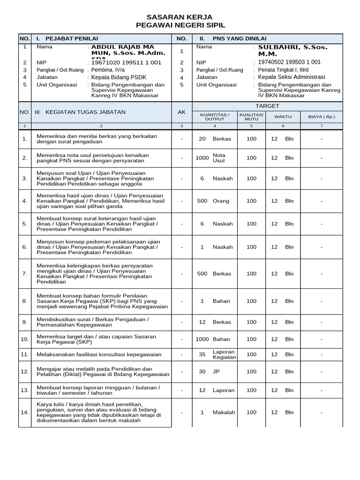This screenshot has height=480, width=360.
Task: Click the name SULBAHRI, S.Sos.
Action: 293,47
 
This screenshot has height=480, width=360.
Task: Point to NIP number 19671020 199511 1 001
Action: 126,62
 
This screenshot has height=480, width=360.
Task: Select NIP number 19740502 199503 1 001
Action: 290,62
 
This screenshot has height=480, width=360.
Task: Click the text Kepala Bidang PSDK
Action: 120,77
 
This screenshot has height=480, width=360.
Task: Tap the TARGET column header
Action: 267,106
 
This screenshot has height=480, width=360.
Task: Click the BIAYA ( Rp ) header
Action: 321,117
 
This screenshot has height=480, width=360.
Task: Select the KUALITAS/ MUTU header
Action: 251,117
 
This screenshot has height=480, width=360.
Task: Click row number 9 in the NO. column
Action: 25,322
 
